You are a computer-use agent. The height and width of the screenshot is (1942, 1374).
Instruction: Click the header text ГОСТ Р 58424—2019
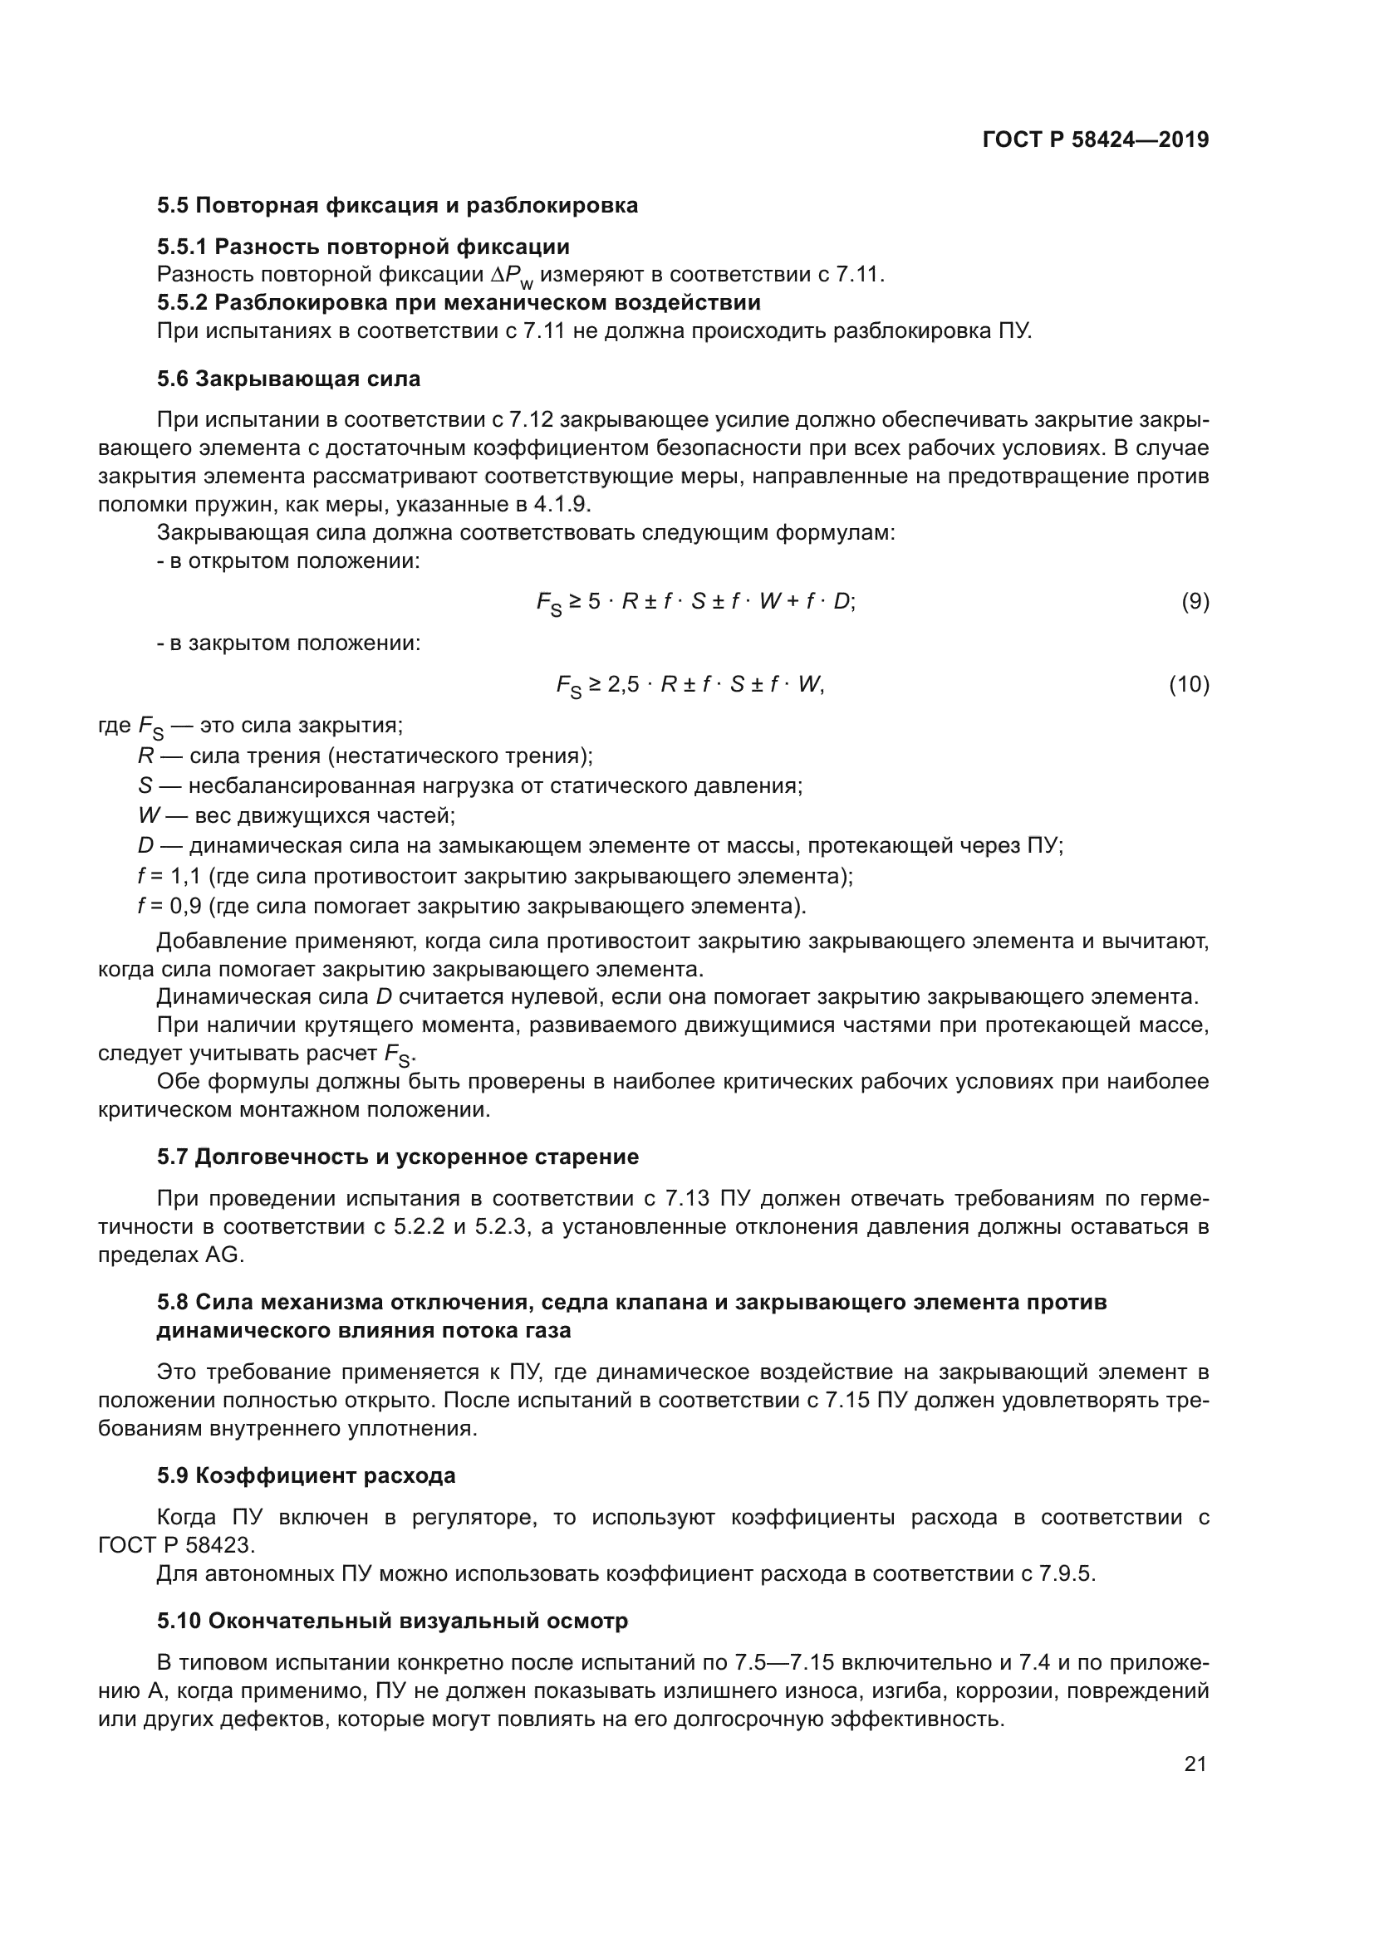click(x=1095, y=140)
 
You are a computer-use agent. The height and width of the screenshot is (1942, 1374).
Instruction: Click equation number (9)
click(x=1195, y=601)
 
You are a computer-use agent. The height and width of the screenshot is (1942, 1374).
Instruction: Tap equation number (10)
click(x=1189, y=684)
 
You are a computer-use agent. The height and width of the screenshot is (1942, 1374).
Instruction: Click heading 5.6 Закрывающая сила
click(x=288, y=379)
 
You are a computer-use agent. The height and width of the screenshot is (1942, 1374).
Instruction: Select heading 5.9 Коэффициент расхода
click(x=307, y=1475)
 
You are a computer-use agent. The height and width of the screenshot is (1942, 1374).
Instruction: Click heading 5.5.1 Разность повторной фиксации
click(x=363, y=247)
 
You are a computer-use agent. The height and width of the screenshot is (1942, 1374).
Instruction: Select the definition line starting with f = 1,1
click(x=495, y=875)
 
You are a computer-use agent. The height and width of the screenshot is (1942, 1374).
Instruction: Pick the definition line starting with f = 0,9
click(x=471, y=906)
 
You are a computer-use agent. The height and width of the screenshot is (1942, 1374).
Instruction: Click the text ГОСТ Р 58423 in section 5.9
click(x=175, y=1545)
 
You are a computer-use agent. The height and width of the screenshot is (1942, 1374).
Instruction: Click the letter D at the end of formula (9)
click(x=842, y=601)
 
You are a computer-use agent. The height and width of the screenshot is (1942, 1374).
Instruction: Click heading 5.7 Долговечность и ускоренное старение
click(x=398, y=1157)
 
